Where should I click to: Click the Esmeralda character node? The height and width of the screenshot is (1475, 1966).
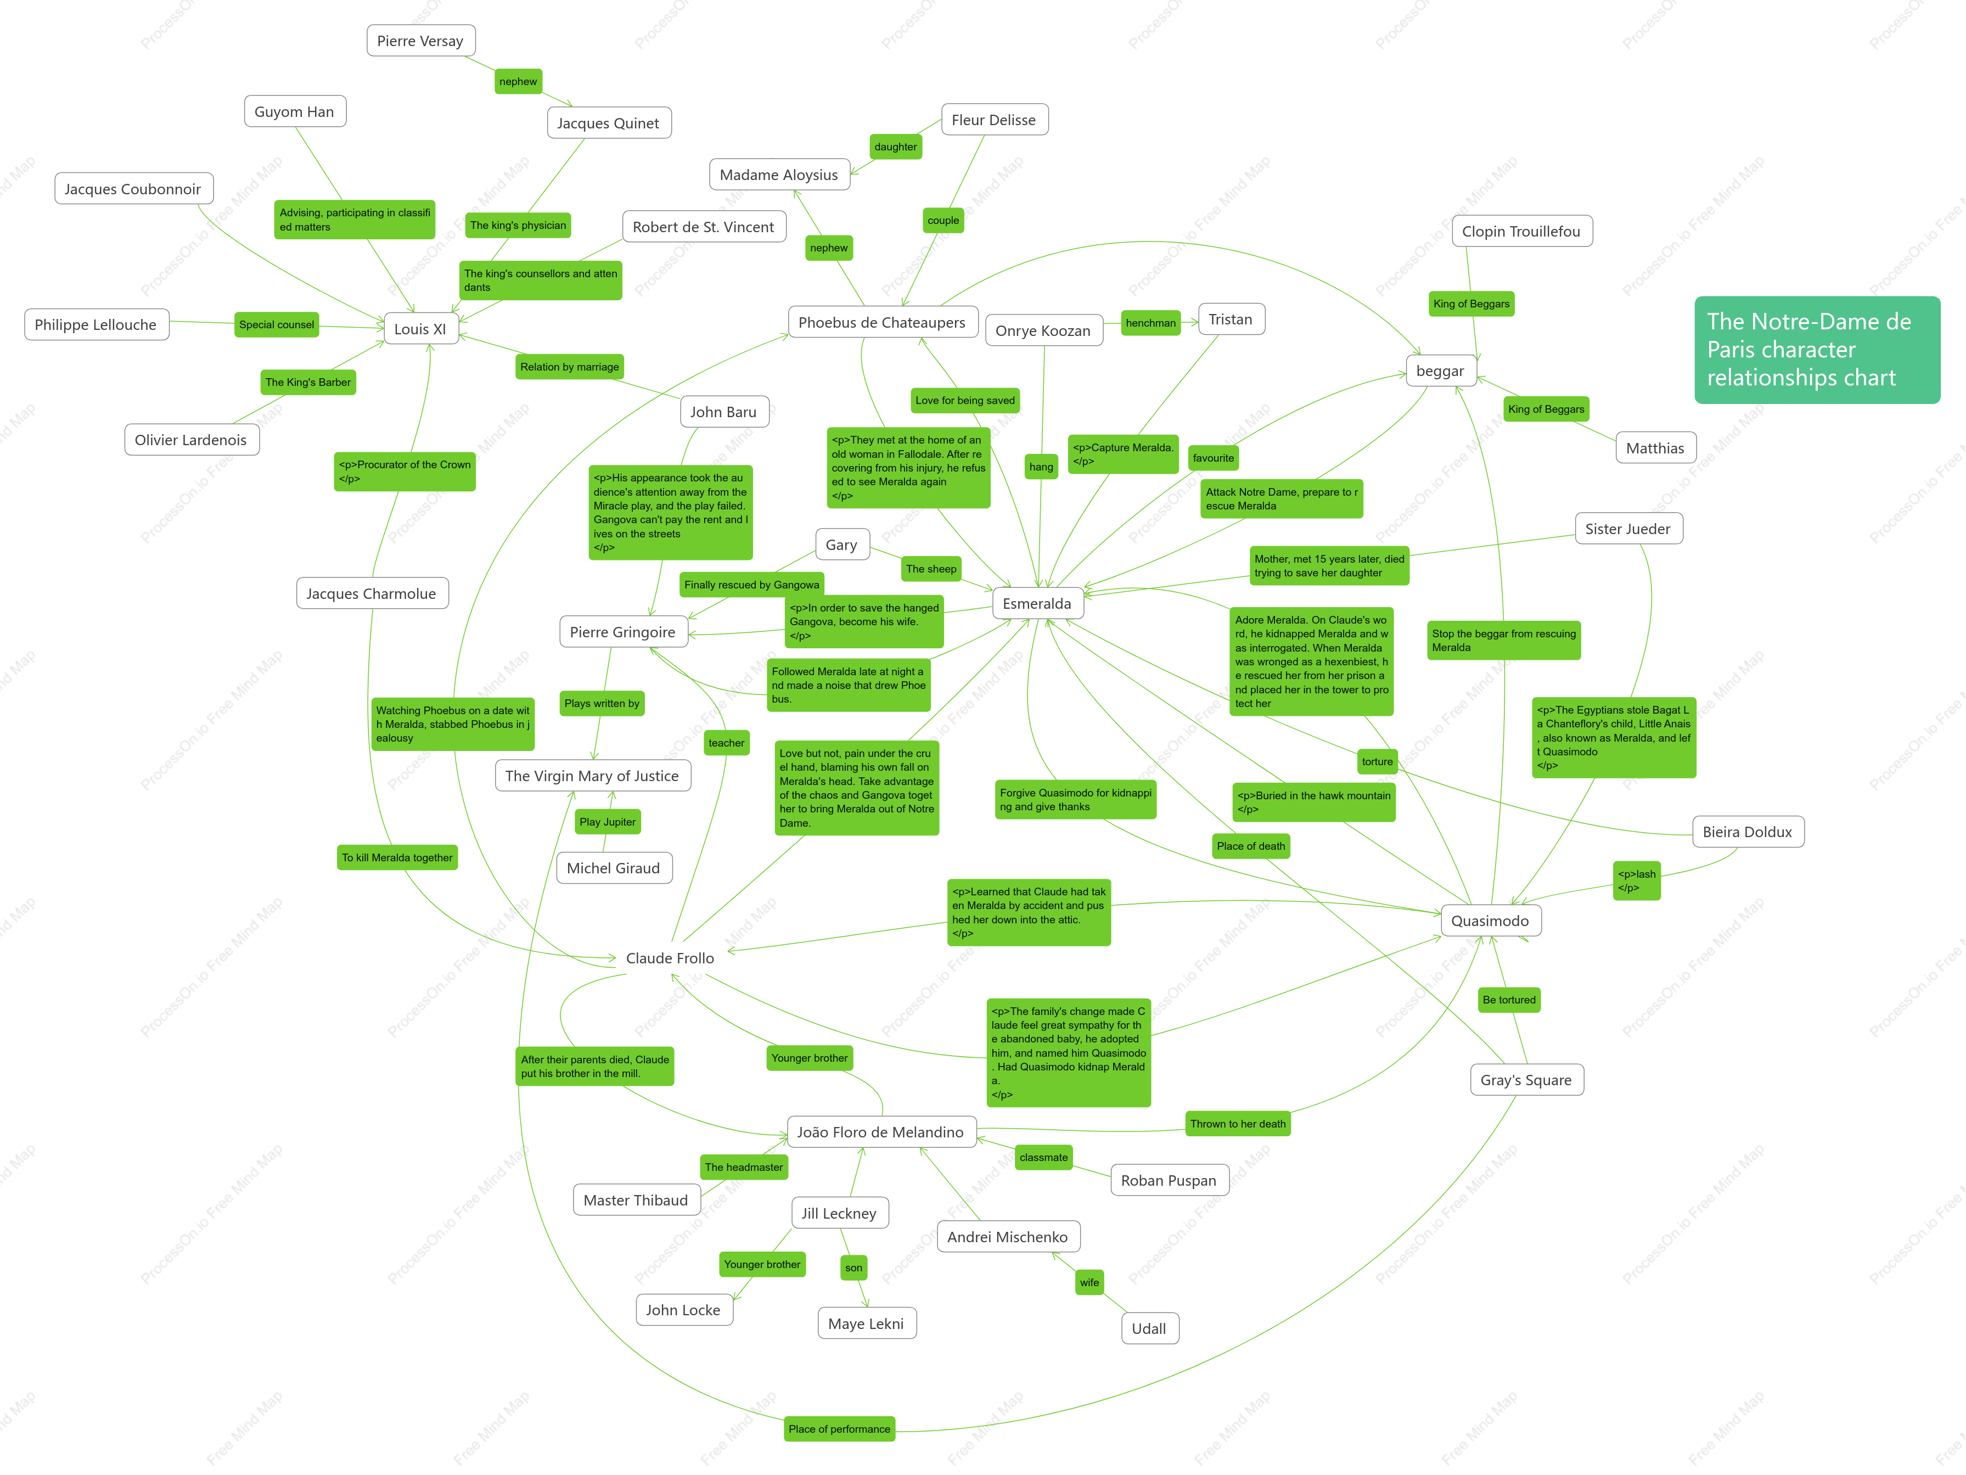point(1037,604)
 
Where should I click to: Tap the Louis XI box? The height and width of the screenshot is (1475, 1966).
point(420,329)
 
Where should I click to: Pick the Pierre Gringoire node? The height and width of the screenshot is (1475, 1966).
point(623,632)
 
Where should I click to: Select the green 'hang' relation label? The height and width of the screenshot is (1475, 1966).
point(1041,467)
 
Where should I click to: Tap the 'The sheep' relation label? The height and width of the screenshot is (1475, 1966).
point(931,569)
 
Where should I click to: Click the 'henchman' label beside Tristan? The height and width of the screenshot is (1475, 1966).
point(1151,323)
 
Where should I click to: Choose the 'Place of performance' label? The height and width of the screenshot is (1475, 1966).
point(839,1429)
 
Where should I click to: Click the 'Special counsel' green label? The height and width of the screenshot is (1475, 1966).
point(277,324)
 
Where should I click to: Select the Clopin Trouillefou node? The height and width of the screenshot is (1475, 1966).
point(1521,231)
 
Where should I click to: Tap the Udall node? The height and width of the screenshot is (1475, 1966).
point(1149,1328)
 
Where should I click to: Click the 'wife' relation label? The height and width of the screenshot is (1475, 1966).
point(1089,1282)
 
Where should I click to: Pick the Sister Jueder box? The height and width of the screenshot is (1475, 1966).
point(1628,529)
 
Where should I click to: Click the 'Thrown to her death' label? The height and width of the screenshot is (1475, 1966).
point(1238,1124)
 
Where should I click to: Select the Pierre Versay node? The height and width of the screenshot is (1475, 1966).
point(420,41)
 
